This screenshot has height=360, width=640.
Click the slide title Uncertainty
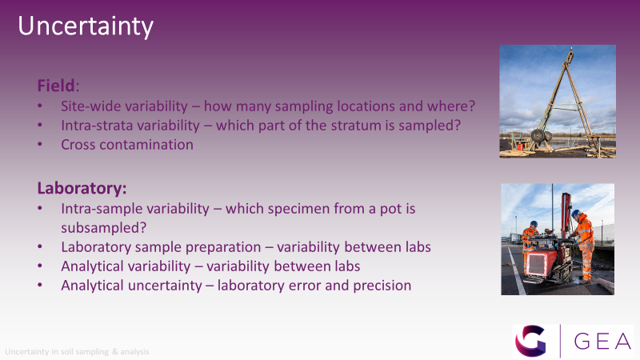86,26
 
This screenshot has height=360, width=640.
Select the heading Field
56,86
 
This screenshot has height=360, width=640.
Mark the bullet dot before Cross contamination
40,144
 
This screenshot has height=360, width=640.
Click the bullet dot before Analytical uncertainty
40,285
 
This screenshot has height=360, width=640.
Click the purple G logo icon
530,342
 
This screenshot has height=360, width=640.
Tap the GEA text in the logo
602,342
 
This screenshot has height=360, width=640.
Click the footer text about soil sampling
77,352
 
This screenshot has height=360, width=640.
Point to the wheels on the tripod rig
541,135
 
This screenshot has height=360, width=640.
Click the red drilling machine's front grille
535,266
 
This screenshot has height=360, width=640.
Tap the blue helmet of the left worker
534,224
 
